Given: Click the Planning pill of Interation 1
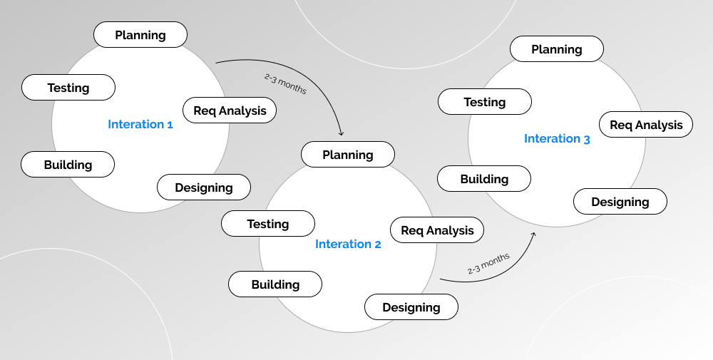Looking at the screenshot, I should pyautogui.click(x=140, y=35).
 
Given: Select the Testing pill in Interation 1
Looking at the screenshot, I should pyautogui.click(x=68, y=88).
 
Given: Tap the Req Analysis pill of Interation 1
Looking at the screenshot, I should pyautogui.click(x=230, y=110).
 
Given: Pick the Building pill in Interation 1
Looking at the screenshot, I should pyautogui.click(x=68, y=165).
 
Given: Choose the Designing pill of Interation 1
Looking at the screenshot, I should pyautogui.click(x=204, y=187).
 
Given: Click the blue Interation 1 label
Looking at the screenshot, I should pyautogui.click(x=140, y=124).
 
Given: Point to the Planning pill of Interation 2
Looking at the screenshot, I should pyautogui.click(x=348, y=155).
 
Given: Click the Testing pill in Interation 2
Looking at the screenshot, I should pyautogui.click(x=268, y=224).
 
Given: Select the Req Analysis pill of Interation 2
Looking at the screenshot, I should pyautogui.click(x=437, y=230).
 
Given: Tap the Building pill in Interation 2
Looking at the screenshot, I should pyautogui.click(x=275, y=284).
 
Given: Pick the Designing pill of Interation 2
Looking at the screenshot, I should pyautogui.click(x=411, y=307).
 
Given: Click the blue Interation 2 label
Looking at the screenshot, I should pyautogui.click(x=348, y=244).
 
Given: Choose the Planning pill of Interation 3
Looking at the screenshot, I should pyautogui.click(x=557, y=49).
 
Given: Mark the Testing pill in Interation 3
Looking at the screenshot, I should pyautogui.click(x=485, y=102).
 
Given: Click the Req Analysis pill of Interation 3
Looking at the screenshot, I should pyautogui.click(x=646, y=125).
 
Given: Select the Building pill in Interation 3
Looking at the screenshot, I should pyautogui.click(x=484, y=179).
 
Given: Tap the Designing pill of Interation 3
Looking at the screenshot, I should pyautogui.click(x=620, y=202).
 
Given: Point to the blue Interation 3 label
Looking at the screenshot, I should pyautogui.click(x=557, y=138).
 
